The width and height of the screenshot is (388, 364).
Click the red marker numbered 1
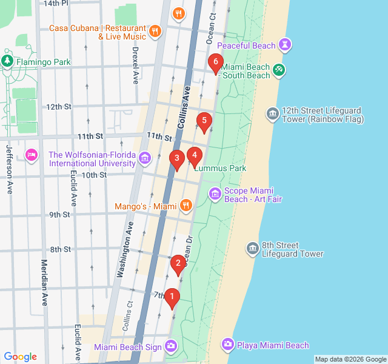click(x=172, y=297)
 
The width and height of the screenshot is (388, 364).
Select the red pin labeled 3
click(x=176, y=160)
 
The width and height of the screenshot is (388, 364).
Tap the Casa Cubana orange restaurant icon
click(x=155, y=30)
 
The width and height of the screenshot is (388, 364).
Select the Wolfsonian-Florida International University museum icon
click(x=144, y=159)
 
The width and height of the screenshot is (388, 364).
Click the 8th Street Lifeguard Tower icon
click(x=253, y=248)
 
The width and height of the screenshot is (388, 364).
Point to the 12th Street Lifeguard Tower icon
click(x=272, y=113)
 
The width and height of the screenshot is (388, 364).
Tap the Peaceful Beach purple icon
click(x=286, y=45)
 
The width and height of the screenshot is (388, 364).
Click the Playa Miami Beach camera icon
click(x=227, y=345)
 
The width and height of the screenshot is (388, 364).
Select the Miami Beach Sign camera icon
click(x=171, y=346)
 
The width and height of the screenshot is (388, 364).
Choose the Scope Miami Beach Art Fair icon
click(x=215, y=194)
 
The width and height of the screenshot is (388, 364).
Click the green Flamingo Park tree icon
click(x=7, y=61)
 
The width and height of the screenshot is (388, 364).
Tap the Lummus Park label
click(x=219, y=168)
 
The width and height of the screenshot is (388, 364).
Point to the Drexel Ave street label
click(x=135, y=65)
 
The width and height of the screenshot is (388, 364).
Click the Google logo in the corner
click(x=20, y=357)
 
